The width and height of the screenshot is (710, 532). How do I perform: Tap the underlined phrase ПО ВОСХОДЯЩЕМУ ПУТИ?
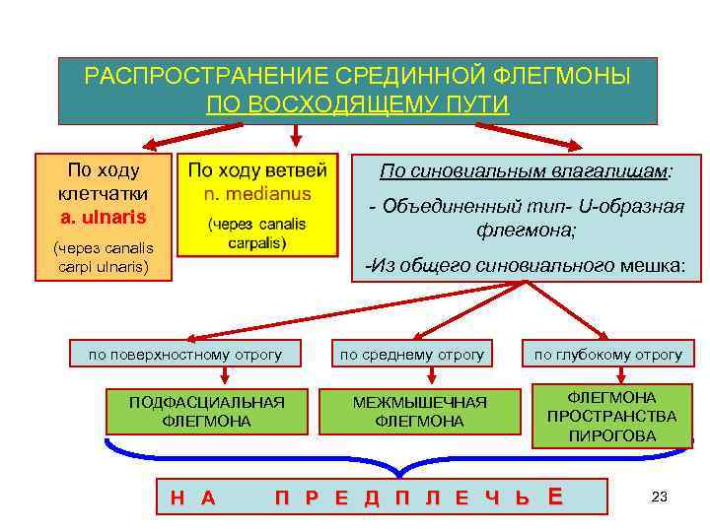(x=357, y=104)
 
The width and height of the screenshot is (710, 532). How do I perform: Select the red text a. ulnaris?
(x=103, y=216)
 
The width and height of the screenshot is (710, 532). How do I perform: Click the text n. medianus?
(x=255, y=192)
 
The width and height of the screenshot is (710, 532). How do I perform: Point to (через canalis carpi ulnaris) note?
(x=103, y=256)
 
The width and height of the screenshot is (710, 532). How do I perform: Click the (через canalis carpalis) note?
(x=256, y=233)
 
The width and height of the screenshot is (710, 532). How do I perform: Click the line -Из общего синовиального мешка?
(x=525, y=265)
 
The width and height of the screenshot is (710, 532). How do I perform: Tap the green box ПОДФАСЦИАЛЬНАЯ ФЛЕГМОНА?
(x=207, y=411)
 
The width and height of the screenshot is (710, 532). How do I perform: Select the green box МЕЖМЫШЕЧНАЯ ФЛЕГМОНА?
(x=419, y=411)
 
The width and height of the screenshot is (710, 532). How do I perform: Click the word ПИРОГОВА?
(x=611, y=434)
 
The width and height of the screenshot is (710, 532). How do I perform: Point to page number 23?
(x=660, y=498)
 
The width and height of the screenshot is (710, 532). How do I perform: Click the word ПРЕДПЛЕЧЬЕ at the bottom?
(x=419, y=498)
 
